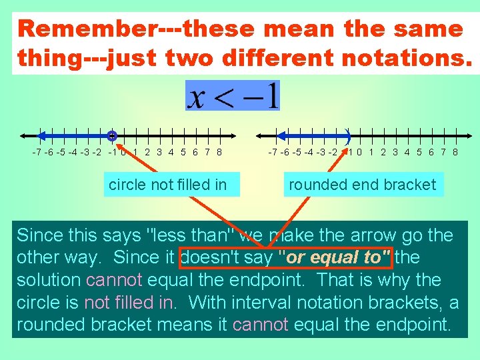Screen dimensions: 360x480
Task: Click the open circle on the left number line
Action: click(x=112, y=135)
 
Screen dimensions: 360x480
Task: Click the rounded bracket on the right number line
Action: click(x=348, y=135)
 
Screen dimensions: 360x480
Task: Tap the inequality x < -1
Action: click(x=233, y=96)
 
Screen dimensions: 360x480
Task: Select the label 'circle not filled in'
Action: click(x=167, y=185)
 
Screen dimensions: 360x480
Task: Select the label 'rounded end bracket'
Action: click(x=362, y=185)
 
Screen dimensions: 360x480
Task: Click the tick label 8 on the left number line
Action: click(x=219, y=152)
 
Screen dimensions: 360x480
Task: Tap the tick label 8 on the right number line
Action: click(x=455, y=152)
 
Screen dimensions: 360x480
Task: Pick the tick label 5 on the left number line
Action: click(x=183, y=152)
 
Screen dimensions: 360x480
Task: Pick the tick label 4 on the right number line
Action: click(x=407, y=152)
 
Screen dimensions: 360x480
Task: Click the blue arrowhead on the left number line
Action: click(x=40, y=135)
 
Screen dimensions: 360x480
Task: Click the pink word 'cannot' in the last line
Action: click(x=260, y=325)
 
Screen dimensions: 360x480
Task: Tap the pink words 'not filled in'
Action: click(x=131, y=303)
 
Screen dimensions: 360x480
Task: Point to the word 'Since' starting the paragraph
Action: click(x=39, y=235)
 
